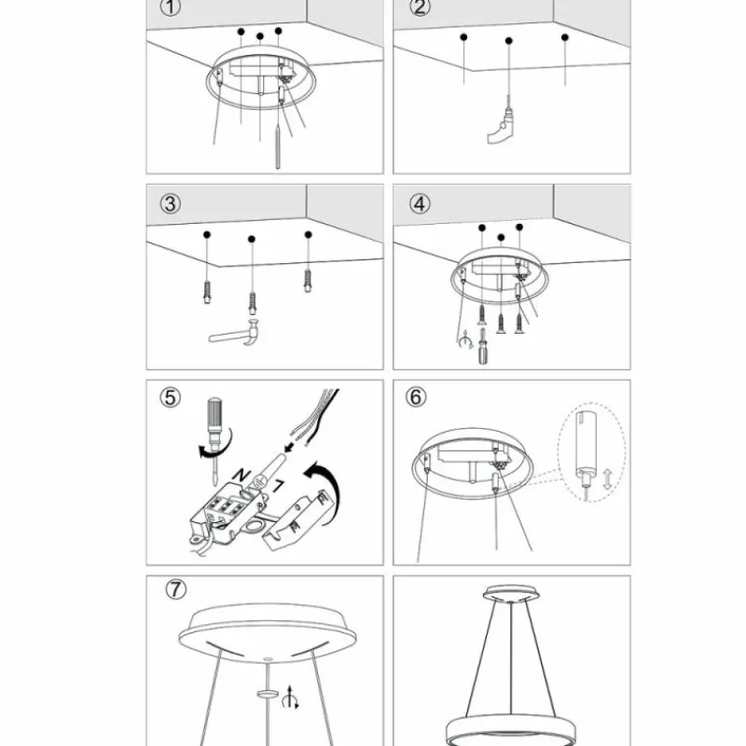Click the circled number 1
(169, 9)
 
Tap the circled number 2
(420, 8)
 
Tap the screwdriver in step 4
(483, 346)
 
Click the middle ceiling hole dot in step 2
(509, 41)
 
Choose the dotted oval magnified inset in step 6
(590, 452)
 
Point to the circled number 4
(420, 202)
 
